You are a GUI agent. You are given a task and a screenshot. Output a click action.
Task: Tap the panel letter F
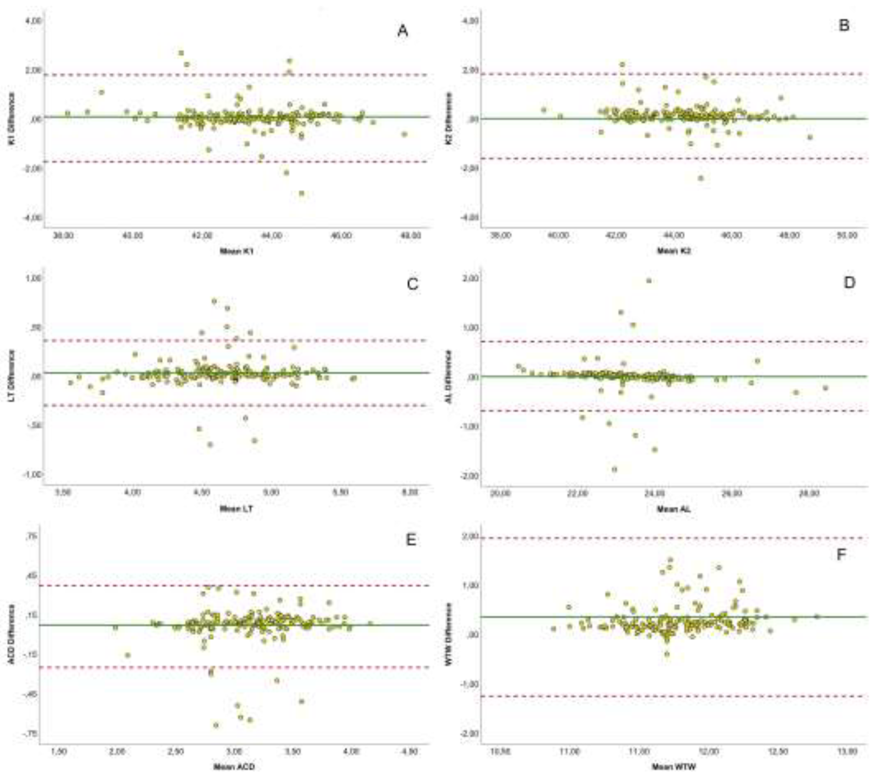click(841, 555)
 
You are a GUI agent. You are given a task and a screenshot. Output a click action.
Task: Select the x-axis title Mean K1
click(236, 251)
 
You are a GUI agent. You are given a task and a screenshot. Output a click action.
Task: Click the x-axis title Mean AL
click(673, 509)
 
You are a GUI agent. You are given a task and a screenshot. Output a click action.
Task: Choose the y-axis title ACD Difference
click(12, 634)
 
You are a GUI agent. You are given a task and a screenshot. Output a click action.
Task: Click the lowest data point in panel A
click(301, 193)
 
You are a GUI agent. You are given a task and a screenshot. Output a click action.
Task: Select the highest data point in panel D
click(649, 281)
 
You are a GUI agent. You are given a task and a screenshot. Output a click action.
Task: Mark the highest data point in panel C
click(214, 301)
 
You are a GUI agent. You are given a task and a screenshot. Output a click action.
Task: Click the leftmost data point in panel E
click(115, 627)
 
